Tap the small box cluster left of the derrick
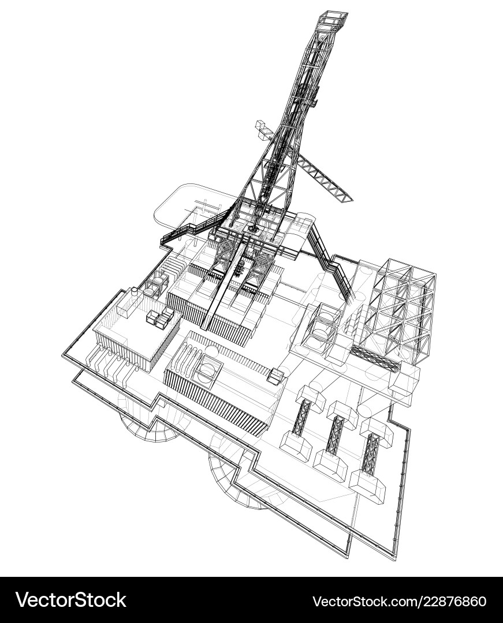[263, 130]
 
